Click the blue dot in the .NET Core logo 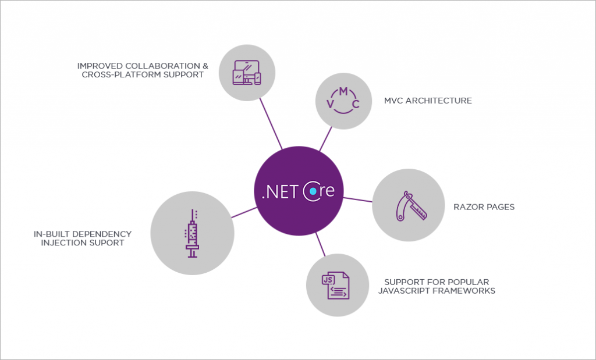tap(313, 191)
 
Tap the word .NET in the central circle tap(280, 192)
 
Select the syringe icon tap(192, 234)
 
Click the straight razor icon tap(411, 206)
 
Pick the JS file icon tap(335, 285)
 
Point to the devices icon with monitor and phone tap(247, 73)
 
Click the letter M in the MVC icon tap(343, 91)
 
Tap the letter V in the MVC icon tap(331, 104)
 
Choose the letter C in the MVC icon tap(356, 104)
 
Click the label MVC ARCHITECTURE tap(428, 101)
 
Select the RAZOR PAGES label tap(484, 207)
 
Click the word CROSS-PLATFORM tap(121, 74)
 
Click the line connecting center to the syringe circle tap(244, 212)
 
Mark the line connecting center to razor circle tap(358, 199)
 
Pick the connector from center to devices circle tap(271, 124)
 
